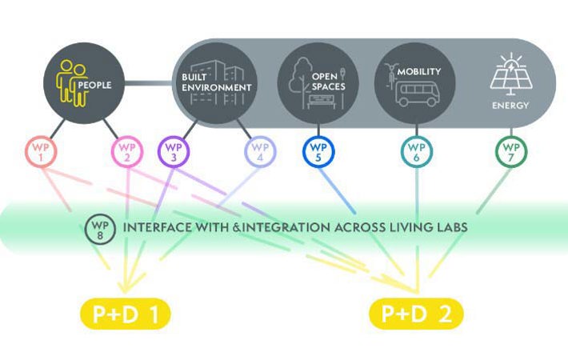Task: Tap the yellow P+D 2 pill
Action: point(416,314)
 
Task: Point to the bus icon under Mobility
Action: point(417,94)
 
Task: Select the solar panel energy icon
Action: point(510,76)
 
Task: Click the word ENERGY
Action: point(510,105)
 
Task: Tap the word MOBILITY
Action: point(418,71)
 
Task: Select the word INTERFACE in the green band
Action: point(154,228)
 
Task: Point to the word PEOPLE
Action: point(94,83)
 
